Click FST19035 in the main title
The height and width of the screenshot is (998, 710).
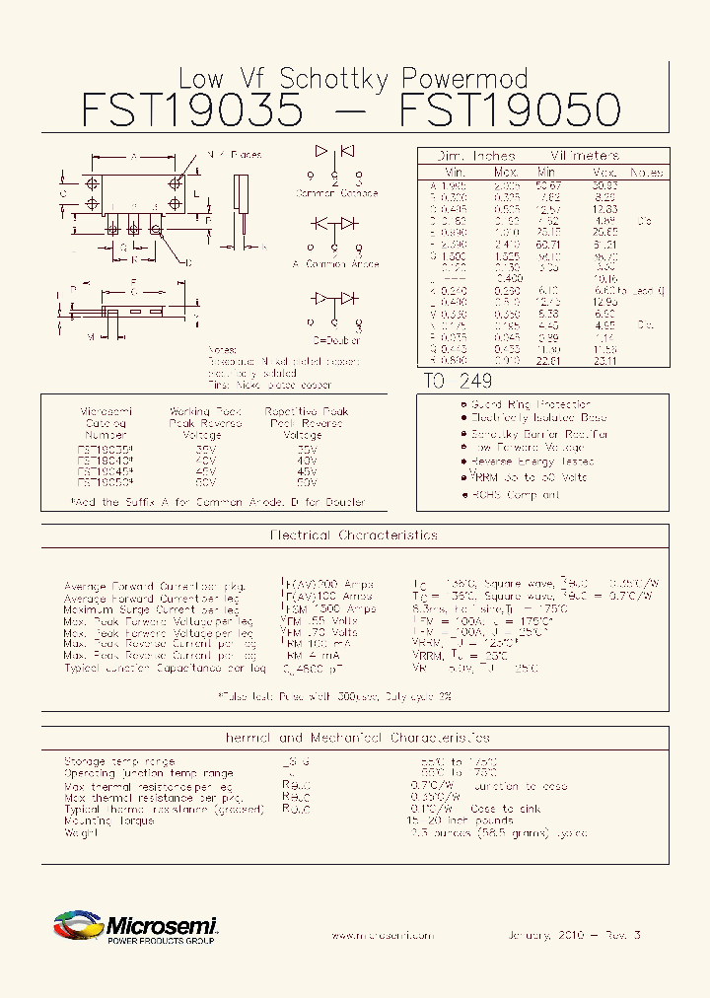point(191,110)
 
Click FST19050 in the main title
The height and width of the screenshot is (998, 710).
point(511,110)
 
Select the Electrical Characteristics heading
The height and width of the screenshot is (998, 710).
point(353,535)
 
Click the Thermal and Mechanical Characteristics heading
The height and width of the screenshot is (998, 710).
point(355,738)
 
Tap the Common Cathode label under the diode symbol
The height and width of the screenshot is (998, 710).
point(336,194)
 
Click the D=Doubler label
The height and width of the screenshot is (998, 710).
point(335,339)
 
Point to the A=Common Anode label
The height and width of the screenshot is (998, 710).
point(336,264)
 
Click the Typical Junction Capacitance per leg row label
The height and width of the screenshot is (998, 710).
point(165,668)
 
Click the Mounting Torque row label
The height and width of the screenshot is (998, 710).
point(109,820)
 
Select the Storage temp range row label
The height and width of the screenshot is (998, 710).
point(119,761)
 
